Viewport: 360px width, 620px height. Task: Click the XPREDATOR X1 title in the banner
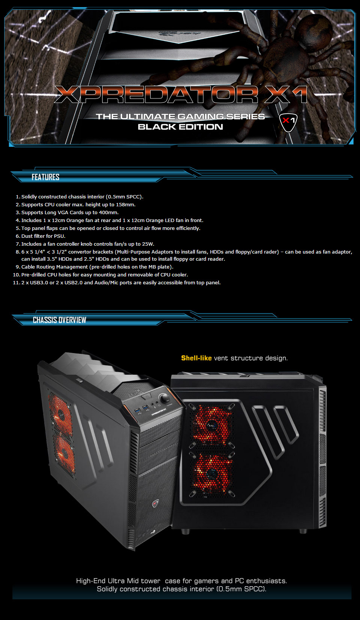point(181,94)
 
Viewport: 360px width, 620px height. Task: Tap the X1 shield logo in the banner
point(288,122)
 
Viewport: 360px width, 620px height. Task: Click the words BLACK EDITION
point(180,127)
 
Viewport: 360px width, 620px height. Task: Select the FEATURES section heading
point(45,177)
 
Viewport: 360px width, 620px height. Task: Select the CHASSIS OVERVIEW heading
point(59,320)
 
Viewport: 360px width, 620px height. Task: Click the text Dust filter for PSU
point(43,236)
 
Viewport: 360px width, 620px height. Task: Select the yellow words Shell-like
point(196,358)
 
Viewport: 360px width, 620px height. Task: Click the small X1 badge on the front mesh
point(155,503)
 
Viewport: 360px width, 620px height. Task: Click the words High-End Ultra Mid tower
point(118,581)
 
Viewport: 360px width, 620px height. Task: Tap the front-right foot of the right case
point(303,531)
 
